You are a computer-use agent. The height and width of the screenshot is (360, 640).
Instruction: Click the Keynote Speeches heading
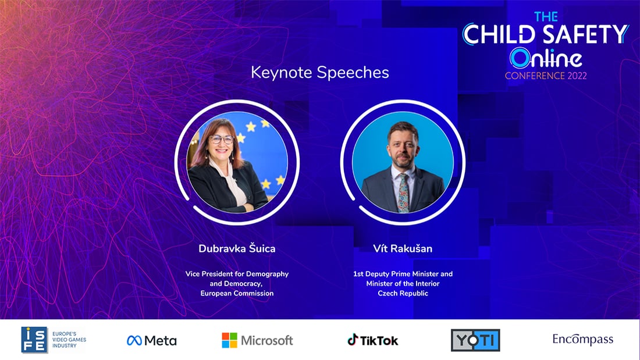click(319, 73)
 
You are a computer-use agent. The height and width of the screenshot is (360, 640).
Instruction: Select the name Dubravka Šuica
click(237, 248)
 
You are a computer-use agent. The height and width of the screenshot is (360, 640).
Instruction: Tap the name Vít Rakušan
click(403, 248)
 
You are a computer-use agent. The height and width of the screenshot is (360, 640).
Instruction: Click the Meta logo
click(151, 340)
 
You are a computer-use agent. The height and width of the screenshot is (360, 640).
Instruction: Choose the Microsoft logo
click(257, 340)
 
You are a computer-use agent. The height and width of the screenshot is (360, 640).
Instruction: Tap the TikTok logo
click(373, 340)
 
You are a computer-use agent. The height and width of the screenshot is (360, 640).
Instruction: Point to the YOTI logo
click(475, 340)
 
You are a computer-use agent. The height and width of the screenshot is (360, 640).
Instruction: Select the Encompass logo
click(583, 339)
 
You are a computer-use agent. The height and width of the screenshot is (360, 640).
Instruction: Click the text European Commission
click(237, 293)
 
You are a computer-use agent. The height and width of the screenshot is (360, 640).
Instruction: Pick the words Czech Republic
click(403, 293)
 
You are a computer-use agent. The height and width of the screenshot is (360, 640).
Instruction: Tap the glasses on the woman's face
click(222, 140)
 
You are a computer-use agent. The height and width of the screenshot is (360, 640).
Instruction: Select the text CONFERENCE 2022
click(546, 76)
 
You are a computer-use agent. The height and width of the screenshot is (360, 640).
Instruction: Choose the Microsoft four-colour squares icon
click(229, 340)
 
